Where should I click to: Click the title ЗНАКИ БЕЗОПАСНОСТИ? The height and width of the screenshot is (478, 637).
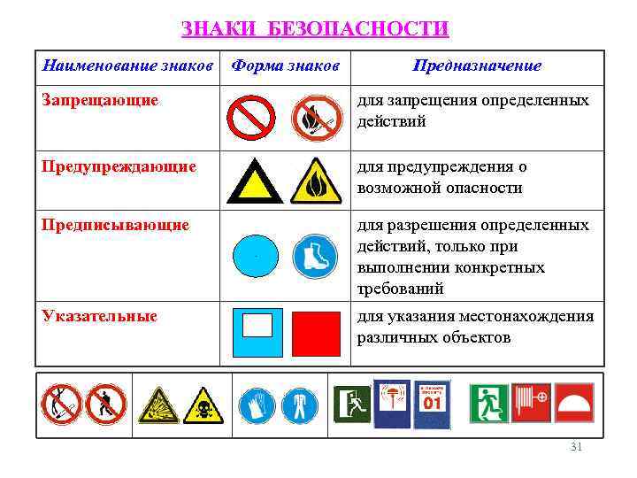tap(315, 28)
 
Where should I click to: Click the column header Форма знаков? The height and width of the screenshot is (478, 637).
tap(285, 66)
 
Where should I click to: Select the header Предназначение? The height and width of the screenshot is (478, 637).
tap(476, 66)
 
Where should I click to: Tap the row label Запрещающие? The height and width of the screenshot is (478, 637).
tap(100, 100)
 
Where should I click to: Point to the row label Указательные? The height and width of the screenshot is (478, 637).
tap(100, 316)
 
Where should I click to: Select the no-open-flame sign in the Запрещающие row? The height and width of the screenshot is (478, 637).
tap(316, 118)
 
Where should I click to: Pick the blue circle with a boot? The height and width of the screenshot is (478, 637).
tap(316, 256)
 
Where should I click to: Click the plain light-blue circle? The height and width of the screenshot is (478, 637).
tap(255, 256)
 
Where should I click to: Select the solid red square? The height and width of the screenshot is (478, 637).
tap(316, 334)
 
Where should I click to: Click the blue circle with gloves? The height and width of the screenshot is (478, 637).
tap(257, 405)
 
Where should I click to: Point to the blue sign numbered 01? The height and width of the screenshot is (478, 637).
tap(432, 405)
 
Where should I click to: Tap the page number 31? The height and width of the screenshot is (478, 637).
tap(576, 448)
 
